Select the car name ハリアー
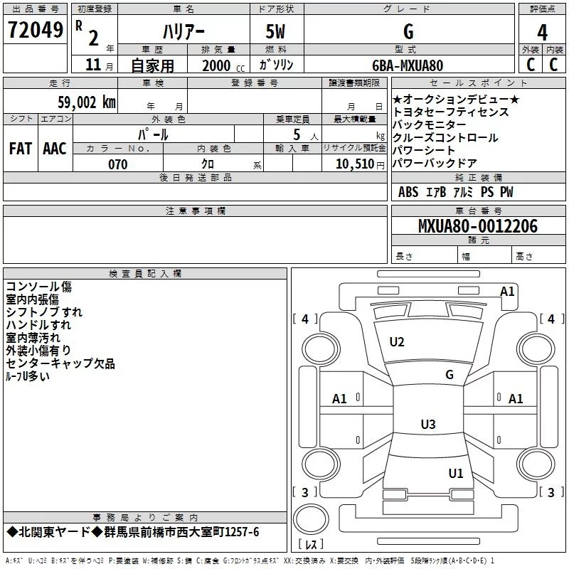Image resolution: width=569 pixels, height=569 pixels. (183, 32)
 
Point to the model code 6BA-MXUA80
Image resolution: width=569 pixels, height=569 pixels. (408, 65)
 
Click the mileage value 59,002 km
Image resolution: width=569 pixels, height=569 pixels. (79, 102)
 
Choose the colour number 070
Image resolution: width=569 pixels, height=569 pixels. (117, 164)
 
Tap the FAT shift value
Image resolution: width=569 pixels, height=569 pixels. (21, 149)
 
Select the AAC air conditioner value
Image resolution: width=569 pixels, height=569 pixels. (54, 149)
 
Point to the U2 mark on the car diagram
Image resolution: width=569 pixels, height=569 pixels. (396, 342)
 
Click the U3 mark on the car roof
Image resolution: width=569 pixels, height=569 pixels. (427, 425)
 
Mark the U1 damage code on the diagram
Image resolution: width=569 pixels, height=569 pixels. (455, 473)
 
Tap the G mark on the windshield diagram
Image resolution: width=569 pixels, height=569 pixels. (449, 375)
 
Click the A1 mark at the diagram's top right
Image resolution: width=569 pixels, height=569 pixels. (507, 292)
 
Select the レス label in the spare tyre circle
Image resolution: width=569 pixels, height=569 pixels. (310, 545)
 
